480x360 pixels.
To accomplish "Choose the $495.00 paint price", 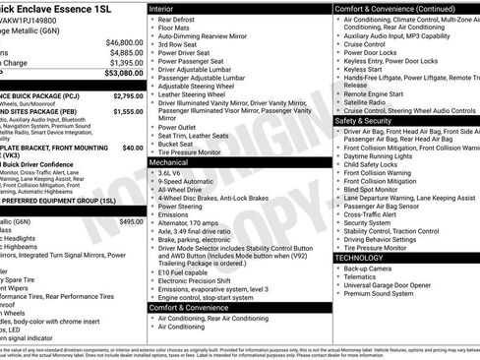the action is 131,222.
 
